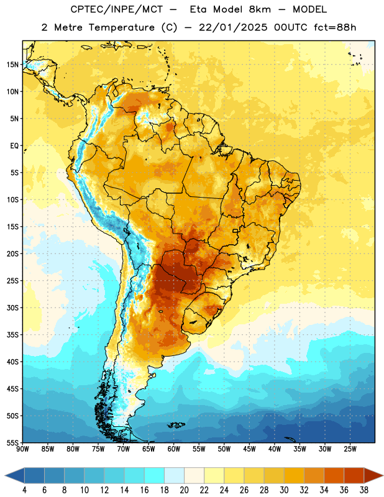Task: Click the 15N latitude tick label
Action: click(12, 65)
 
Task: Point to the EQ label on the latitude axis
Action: click(14, 146)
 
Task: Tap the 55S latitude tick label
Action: click(12, 442)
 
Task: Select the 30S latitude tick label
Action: click(12, 308)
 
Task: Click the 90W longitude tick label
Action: click(22, 449)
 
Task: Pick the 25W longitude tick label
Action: click(350, 449)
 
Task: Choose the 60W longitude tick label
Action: click(174, 449)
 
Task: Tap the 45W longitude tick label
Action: click(249, 449)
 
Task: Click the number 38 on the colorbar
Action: click(363, 490)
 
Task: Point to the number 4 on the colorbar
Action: click(24, 490)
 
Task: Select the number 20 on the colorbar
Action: click(184, 490)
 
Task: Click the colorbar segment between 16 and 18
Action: click(155, 476)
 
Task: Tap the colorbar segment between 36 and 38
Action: click(354, 476)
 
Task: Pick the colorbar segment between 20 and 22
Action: click(194, 476)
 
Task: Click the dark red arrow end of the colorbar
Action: click(373, 476)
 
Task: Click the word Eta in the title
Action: click(198, 9)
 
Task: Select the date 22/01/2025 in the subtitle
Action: click(234, 27)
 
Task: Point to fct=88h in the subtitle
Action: click(335, 27)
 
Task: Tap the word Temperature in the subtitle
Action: click(122, 27)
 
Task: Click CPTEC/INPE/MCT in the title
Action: click(117, 9)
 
